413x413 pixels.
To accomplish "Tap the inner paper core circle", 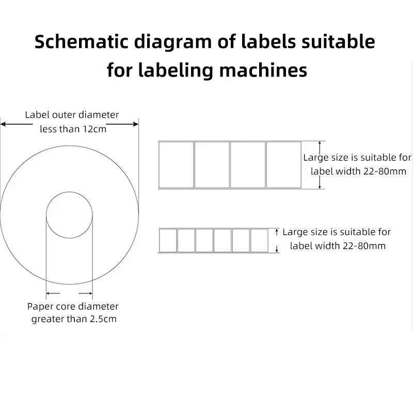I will [69, 215].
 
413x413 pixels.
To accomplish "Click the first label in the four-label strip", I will [176, 165].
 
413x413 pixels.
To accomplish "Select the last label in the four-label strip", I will [283, 165].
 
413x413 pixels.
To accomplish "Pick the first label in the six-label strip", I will [168, 241].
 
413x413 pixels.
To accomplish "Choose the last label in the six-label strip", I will [259, 241].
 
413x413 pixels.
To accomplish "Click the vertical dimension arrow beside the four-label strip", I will [321, 165].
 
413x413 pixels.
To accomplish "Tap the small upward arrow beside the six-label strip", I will [277, 233].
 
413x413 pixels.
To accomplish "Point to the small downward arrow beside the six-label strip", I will [277, 249].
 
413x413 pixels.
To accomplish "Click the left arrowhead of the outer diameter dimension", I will [3, 124].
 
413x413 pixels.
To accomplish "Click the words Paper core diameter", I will [73, 307].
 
